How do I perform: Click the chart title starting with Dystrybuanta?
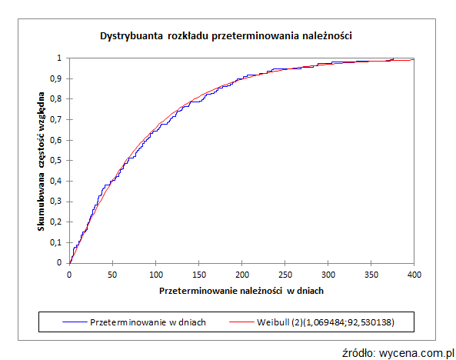pos(227,35)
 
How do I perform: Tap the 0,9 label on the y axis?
pos(58,78)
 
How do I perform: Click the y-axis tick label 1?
pos(61,58)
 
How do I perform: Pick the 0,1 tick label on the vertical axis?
pos(58,242)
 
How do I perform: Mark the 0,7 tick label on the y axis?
pos(58,119)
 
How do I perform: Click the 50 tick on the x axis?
pos(112,274)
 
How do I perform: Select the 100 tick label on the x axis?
pos(155,274)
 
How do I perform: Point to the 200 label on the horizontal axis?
pos(241,274)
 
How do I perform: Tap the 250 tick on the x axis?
pos(285,274)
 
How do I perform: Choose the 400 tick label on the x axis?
pos(414,274)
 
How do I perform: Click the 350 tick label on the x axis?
pos(371,274)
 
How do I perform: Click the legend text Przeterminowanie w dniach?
pos(148,321)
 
